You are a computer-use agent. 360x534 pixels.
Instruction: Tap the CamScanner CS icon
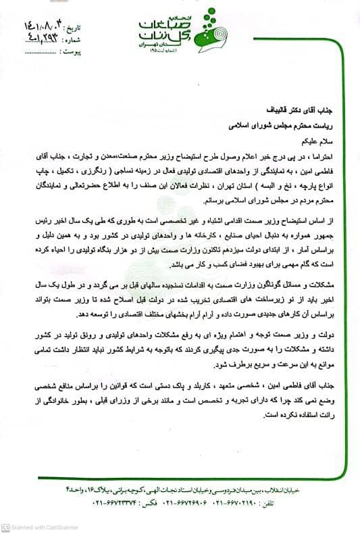click(5, 527)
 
